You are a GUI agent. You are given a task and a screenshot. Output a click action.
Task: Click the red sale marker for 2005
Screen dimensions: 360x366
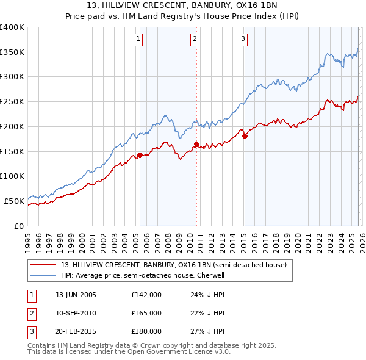[140, 155]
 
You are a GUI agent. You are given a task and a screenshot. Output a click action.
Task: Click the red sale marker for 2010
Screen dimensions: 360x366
[196, 144]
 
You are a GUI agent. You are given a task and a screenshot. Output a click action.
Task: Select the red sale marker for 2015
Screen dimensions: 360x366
[245, 137]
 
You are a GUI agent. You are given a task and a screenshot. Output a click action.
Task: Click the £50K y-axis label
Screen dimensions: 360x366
[13, 201]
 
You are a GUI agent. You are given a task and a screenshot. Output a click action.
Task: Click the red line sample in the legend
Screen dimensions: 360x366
[43, 265]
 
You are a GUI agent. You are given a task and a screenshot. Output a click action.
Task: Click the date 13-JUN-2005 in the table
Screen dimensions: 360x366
[76, 295]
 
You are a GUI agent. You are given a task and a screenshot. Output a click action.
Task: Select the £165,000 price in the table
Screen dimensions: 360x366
[146, 313]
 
